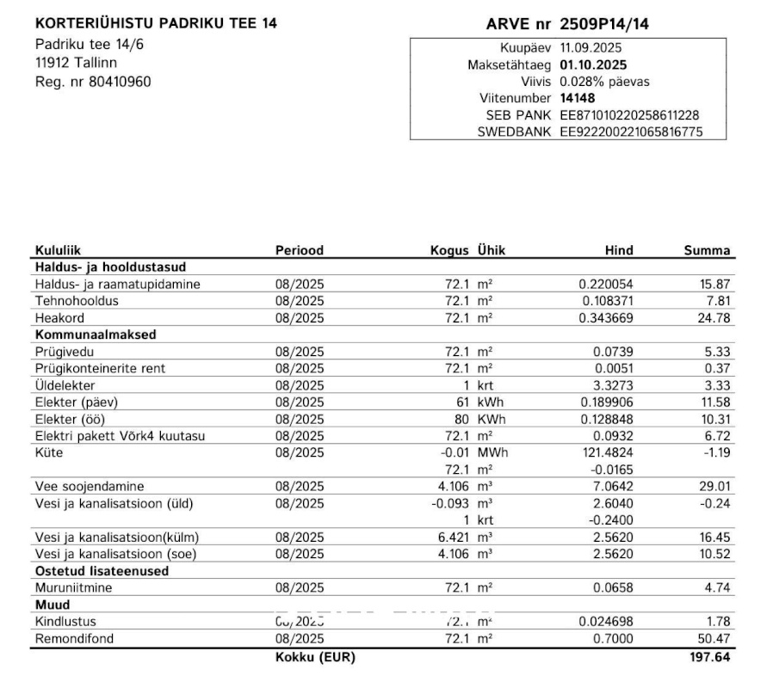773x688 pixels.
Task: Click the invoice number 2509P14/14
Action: click(604, 24)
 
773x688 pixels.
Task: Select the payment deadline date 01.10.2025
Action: click(593, 64)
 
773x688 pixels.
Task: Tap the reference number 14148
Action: click(577, 98)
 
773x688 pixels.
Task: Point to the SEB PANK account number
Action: click(629, 115)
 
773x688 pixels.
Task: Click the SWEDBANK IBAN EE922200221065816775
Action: click(631, 132)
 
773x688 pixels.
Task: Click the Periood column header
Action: click(300, 250)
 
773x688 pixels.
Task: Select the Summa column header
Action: click(707, 250)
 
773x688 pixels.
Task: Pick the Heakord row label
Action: click(61, 318)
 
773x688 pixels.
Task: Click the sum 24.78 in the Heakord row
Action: click(715, 318)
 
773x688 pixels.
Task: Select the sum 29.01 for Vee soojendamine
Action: click(715, 487)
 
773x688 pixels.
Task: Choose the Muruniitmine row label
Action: click(73, 588)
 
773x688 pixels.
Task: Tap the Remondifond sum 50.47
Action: click(715, 639)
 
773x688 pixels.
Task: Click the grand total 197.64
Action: click(711, 658)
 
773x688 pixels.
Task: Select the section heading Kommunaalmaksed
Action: click(96, 335)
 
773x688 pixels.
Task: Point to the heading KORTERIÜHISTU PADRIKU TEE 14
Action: click(156, 24)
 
